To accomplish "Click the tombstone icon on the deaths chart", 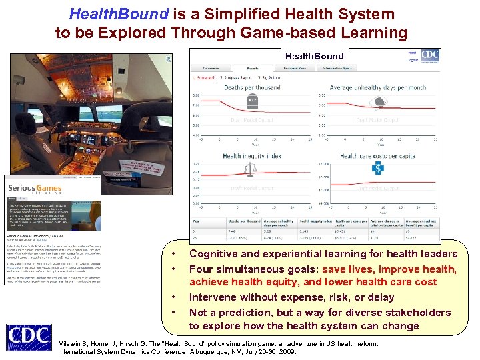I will coord(253,101).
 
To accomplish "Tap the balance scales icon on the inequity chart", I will coord(249,170).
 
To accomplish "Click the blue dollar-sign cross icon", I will coord(377,170).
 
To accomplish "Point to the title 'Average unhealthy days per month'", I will coord(377,87).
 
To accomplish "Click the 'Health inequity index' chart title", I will coord(252,156).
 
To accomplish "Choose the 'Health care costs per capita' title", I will coord(377,156).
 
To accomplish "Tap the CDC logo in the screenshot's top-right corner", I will coord(430,55).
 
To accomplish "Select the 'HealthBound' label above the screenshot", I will coord(315,56).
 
